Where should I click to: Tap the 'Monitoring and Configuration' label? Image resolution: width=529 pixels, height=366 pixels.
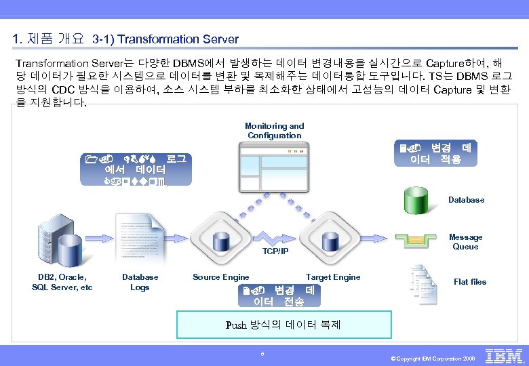point(275,131)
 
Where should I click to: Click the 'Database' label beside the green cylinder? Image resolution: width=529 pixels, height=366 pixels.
point(466,200)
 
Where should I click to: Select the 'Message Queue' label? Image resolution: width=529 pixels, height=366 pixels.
point(466,242)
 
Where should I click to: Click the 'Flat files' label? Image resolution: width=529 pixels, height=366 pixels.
point(470,282)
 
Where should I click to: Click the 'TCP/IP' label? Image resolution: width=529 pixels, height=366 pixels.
point(275,251)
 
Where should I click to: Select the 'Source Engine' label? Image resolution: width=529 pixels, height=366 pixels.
point(220,277)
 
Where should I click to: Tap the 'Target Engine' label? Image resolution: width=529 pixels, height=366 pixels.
point(333,277)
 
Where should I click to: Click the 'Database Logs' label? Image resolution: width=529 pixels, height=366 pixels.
point(140,282)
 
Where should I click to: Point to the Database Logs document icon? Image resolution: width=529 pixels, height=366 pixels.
point(139,241)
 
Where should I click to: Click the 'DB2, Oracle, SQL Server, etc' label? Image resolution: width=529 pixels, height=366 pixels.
point(62,282)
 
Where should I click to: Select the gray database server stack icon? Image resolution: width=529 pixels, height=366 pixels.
point(62,238)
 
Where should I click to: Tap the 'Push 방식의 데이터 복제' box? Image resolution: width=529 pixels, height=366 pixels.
point(283,325)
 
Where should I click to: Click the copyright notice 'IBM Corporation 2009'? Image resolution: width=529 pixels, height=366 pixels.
point(436,358)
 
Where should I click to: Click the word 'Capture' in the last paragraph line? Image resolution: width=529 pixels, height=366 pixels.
point(452,89)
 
